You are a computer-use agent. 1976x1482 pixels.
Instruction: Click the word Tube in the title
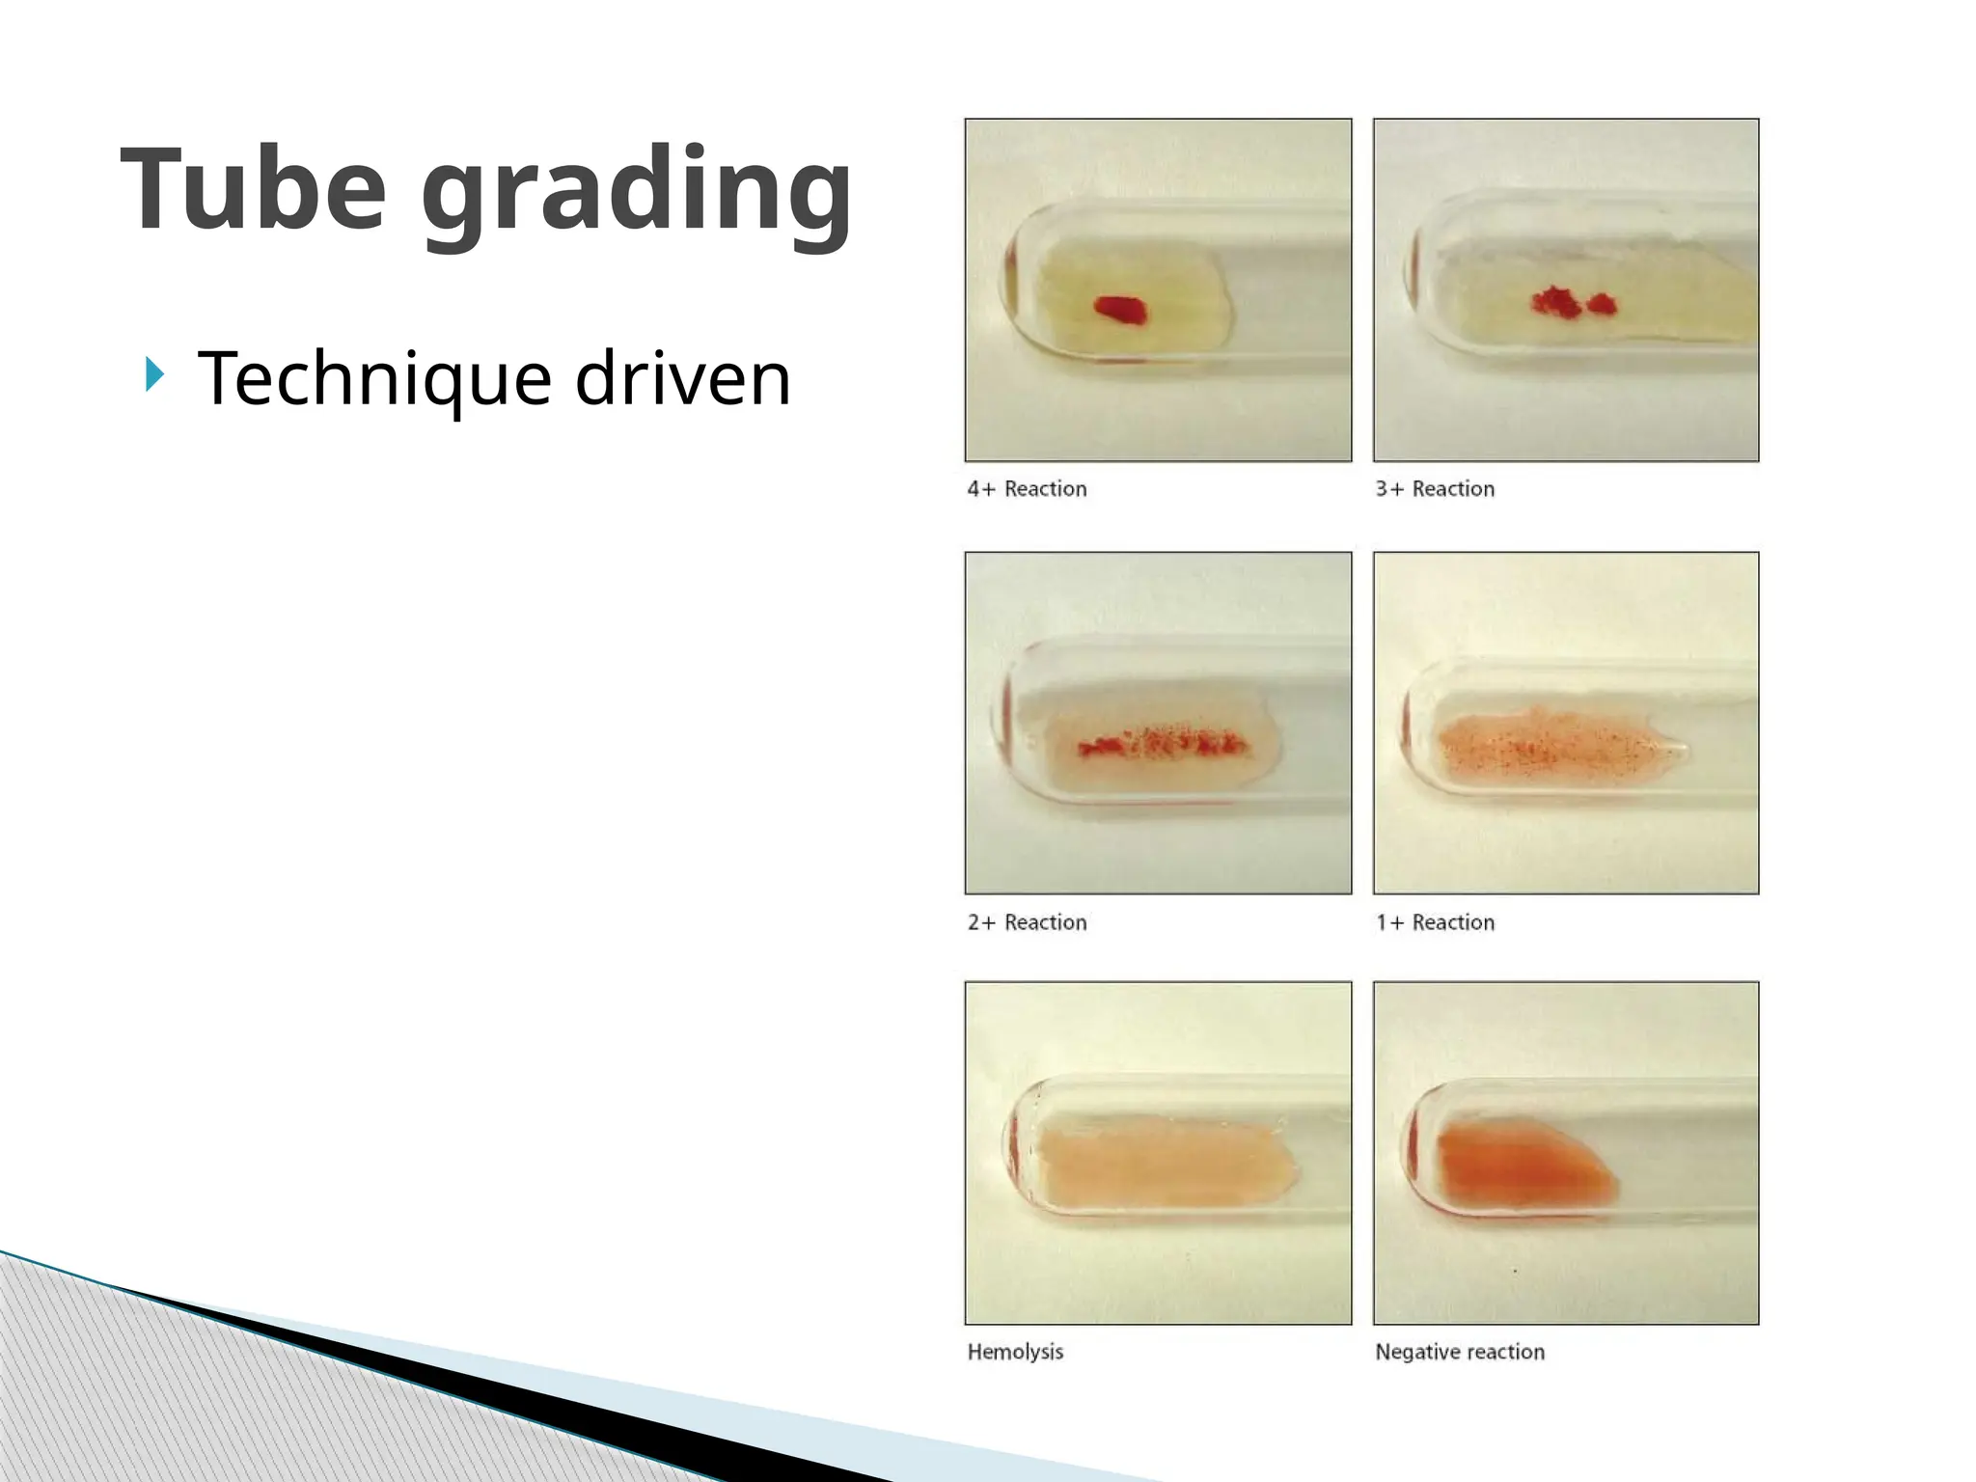(253, 189)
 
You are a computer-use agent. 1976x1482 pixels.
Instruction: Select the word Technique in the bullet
(374, 379)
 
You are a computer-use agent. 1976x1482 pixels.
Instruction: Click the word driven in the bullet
(682, 378)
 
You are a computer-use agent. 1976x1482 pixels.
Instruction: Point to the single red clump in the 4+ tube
(1120, 310)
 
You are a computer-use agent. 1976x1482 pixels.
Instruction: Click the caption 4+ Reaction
(1027, 489)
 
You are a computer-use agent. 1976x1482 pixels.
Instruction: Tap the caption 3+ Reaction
(1435, 489)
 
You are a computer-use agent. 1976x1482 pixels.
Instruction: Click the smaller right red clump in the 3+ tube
(1602, 305)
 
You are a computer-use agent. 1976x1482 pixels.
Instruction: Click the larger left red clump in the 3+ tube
(1554, 302)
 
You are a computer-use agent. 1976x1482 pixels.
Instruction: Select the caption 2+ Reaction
(1027, 922)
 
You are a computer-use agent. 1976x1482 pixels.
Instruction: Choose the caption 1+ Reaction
(1435, 922)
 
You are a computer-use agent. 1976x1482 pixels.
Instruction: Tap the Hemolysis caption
(1015, 1352)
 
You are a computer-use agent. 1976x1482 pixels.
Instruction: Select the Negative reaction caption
(1459, 1352)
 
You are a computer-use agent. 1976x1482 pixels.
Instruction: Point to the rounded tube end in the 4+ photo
(1008, 285)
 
